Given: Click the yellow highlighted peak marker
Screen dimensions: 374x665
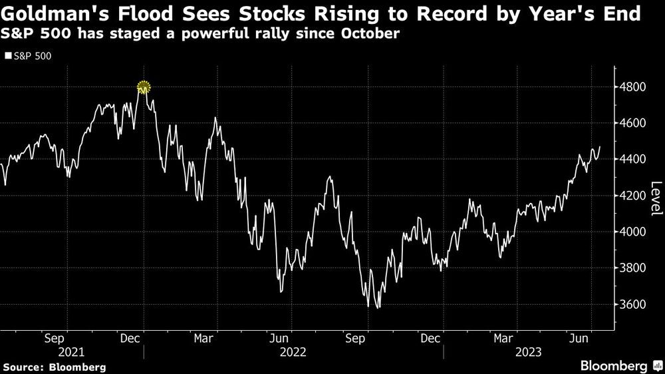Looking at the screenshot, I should [144, 87].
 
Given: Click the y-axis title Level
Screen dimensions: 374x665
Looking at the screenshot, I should [656, 198].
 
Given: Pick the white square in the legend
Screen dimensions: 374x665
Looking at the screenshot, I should [7, 57].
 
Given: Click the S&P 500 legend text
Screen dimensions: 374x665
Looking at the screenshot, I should [32, 57].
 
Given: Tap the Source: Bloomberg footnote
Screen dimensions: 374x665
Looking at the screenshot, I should [54, 367].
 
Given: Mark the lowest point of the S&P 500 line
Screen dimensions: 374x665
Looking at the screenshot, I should [378, 307].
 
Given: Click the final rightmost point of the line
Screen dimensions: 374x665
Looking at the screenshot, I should [600, 146].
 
